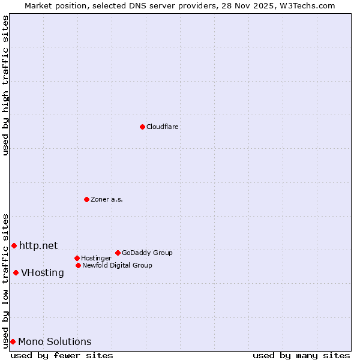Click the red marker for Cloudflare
(142, 127)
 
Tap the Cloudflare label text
(163, 127)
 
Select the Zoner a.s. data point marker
(86, 199)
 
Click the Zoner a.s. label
(107, 200)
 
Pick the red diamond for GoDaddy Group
(118, 253)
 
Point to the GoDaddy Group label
(147, 253)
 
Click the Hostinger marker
(77, 258)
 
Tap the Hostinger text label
(96, 259)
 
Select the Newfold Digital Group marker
(78, 265)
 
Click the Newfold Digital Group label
(117, 266)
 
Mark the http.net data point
(14, 245)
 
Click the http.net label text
(38, 245)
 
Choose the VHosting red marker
(16, 272)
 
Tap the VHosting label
(43, 273)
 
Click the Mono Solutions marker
(13, 341)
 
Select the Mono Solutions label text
(55, 342)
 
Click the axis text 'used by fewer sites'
(62, 355)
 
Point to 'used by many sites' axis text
(301, 355)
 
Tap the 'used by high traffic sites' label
(5, 85)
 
